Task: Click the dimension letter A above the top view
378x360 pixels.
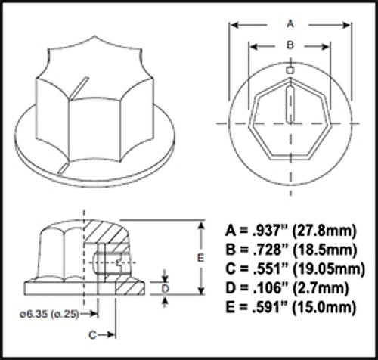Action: pos(290,23)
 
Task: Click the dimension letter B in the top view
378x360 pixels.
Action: pos(290,45)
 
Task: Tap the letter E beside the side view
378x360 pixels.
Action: pos(199,257)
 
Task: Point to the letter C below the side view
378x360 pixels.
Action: pos(91,334)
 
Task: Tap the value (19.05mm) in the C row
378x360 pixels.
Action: pos(329,268)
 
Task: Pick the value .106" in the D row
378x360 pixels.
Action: pos(266,287)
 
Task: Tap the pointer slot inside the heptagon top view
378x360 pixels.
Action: pos(290,102)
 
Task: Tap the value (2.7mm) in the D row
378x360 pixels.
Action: pos(323,287)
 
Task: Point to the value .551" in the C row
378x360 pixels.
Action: pos(266,268)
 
